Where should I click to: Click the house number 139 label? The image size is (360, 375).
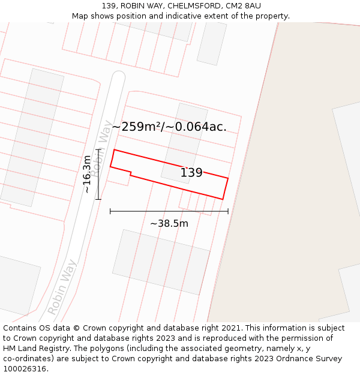click(191, 173)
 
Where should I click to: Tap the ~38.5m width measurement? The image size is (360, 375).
click(169, 223)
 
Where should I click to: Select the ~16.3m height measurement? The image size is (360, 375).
click(88, 173)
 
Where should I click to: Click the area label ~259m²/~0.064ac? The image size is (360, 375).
click(169, 127)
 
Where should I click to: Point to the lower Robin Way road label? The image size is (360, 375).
click(62, 287)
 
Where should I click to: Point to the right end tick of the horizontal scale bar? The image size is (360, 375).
click(228, 211)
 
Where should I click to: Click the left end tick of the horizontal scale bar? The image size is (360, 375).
click(110, 211)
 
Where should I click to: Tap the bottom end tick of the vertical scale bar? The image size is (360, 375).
click(98, 199)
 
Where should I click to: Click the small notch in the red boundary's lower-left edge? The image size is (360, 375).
click(131, 173)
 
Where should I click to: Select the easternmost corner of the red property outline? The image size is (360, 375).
click(228, 178)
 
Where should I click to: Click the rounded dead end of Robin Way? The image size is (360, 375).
click(118, 77)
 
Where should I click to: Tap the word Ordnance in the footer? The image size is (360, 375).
click(288, 359)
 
